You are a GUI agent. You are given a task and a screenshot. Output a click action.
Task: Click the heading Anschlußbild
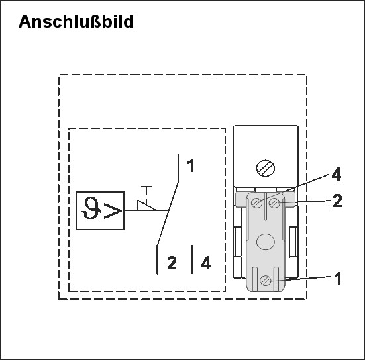click(76, 21)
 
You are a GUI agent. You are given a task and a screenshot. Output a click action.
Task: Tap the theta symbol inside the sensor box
click(91, 208)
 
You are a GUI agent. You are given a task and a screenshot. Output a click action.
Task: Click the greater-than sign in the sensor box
click(113, 211)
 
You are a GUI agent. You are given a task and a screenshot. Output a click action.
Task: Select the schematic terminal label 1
click(191, 165)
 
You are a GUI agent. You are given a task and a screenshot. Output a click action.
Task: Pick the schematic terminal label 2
click(172, 263)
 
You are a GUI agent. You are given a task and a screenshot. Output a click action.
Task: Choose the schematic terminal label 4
click(206, 263)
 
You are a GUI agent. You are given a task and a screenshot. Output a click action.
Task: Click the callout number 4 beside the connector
click(337, 174)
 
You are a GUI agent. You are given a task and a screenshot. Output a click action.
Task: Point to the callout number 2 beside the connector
click(337, 201)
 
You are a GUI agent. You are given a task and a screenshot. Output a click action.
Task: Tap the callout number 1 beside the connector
click(338, 279)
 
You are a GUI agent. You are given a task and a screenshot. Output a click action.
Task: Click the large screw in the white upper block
click(266, 168)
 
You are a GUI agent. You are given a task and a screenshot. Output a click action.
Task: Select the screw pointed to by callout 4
click(257, 203)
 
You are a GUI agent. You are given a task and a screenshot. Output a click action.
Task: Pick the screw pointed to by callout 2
click(275, 203)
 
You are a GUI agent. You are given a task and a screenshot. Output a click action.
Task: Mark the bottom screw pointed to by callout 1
click(265, 280)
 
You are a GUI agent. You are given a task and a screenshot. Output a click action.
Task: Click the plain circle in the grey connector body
click(266, 242)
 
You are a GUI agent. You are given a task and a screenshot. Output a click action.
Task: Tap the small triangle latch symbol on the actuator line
click(146, 205)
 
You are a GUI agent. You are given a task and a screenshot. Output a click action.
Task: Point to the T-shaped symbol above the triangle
click(146, 192)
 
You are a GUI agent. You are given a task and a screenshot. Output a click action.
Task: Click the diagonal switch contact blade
click(168, 214)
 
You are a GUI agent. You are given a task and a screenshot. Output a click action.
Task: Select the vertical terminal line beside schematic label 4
click(192, 259)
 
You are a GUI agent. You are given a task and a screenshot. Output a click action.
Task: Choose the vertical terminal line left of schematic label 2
click(157, 259)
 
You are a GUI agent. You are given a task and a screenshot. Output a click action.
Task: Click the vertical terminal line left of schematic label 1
click(178, 168)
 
